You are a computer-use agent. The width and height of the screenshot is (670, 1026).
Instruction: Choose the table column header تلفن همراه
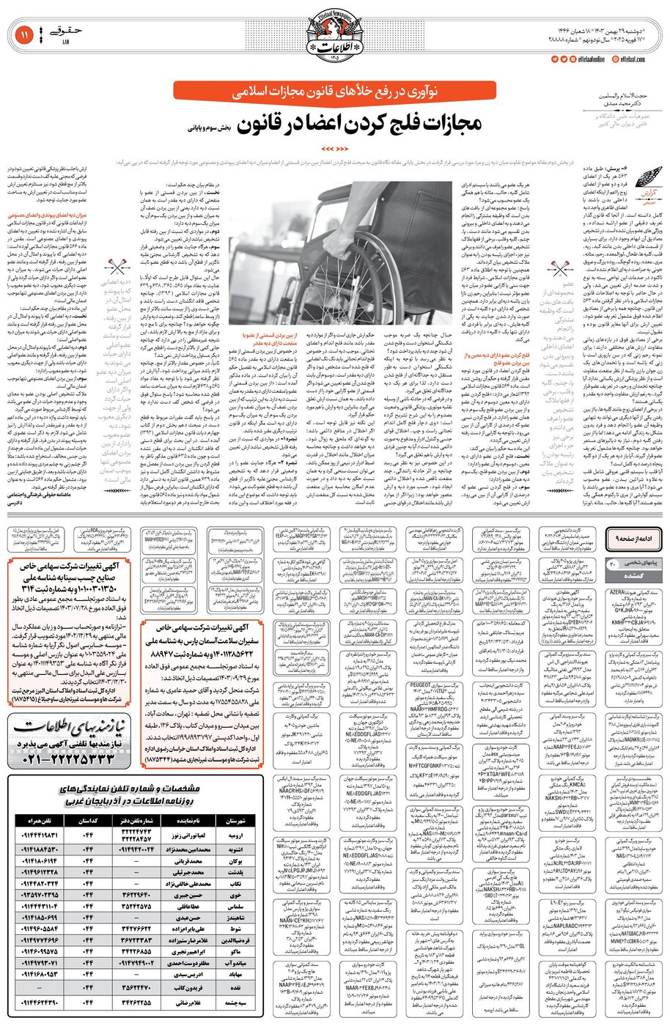[37, 822]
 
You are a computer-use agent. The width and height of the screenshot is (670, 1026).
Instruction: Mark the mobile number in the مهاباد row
[38, 975]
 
